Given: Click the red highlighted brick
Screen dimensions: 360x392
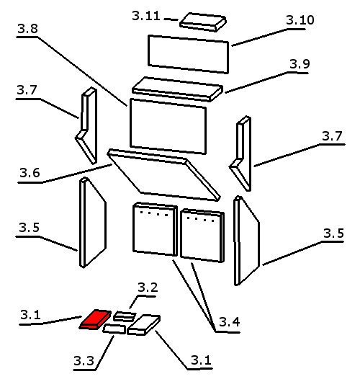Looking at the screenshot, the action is click(x=96, y=319).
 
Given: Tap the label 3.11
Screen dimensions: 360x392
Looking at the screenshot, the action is click(x=146, y=16).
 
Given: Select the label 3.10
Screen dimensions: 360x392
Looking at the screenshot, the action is click(x=300, y=20).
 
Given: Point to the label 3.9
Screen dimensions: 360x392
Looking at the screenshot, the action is click(x=300, y=64).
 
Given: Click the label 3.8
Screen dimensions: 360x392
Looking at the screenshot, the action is click(x=28, y=29).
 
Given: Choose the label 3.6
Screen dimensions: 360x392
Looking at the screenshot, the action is click(x=30, y=173).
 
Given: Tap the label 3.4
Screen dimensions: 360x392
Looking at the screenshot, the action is click(x=230, y=322).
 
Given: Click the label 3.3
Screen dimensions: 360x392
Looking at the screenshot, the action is click(x=84, y=360).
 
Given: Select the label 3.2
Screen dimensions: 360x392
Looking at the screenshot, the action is click(x=148, y=288).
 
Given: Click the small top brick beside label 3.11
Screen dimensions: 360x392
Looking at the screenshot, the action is click(x=203, y=22).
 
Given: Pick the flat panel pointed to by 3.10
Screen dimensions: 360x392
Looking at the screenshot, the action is click(x=189, y=54).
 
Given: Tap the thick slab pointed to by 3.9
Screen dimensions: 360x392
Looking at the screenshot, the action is click(x=177, y=89).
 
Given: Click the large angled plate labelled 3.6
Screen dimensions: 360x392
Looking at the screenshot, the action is click(x=163, y=175).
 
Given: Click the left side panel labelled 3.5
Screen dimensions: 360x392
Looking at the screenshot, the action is click(x=93, y=223).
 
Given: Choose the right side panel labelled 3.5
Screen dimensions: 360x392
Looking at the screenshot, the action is click(x=247, y=241).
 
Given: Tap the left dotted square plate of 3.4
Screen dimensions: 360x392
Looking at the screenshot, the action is click(x=155, y=229).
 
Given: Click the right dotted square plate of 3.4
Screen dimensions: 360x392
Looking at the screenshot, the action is click(x=202, y=236).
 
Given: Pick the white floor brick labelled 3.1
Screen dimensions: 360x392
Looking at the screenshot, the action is click(x=144, y=324).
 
